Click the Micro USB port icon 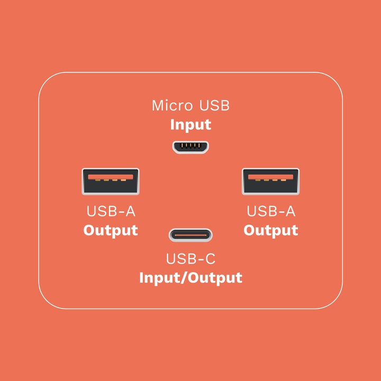click(190, 147)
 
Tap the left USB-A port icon click(111, 182)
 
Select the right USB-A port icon click(270, 182)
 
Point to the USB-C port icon click(190, 234)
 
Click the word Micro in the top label click(173, 105)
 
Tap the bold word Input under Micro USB click(190, 125)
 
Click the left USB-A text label click(111, 211)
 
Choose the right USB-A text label click(270, 211)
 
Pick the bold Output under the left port click(111, 231)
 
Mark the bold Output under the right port click(270, 231)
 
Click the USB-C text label click(190, 259)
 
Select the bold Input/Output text click(190, 278)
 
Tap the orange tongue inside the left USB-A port click(111, 176)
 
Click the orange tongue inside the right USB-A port click(270, 176)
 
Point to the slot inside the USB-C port click(190, 234)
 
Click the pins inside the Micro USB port click(190, 145)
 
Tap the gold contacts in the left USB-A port click(111, 180)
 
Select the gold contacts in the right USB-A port click(270, 180)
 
